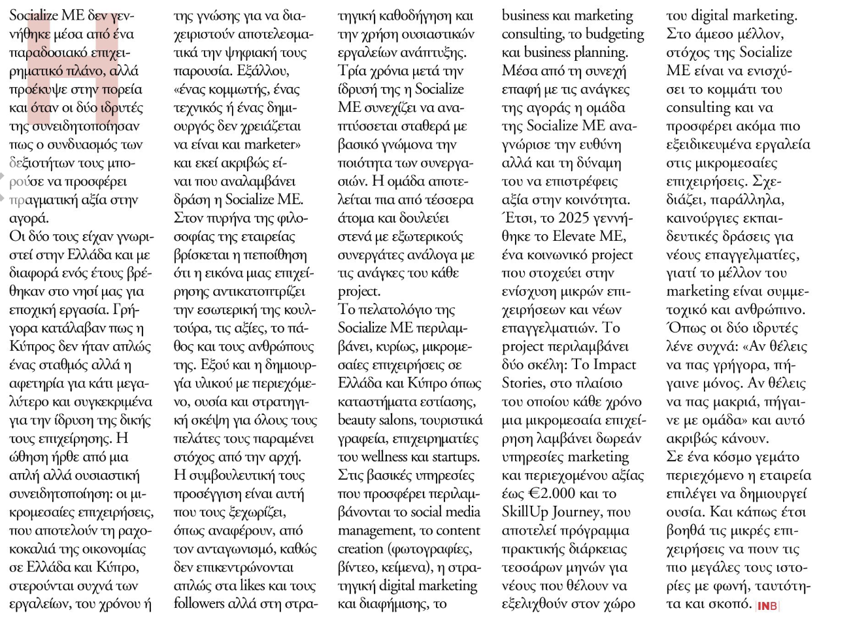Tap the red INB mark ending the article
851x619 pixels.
coord(768,606)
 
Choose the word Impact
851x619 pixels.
coord(618,365)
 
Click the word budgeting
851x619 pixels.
coord(615,34)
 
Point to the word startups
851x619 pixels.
coord(456,457)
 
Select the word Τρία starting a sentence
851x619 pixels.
coord(353,71)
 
